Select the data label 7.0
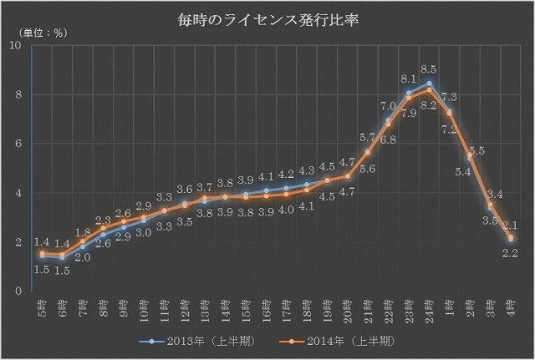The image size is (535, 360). [388, 107]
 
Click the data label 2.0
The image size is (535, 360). [84, 257]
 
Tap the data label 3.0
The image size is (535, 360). [144, 233]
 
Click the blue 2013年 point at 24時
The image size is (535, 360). [429, 84]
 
